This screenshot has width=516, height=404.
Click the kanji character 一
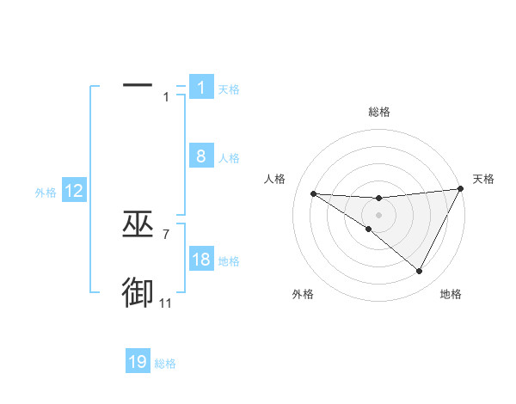point(138,86)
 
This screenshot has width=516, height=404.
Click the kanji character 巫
point(138,225)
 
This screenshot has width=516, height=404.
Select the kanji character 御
point(138,292)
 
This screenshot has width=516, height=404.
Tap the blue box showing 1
point(200,88)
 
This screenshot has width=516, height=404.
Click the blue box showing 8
point(200,156)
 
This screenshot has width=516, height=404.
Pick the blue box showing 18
point(200,260)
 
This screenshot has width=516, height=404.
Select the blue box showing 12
point(74,191)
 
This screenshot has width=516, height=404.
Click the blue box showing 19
point(138,362)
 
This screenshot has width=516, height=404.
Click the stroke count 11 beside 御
point(166,303)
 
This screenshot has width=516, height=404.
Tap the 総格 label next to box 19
point(165,364)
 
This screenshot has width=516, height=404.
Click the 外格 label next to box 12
point(46,193)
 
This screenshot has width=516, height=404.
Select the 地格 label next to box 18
point(229,261)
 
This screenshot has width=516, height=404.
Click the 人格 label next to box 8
point(229,158)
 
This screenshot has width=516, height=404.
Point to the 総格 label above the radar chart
point(379,112)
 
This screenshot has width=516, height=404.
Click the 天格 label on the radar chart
point(483,179)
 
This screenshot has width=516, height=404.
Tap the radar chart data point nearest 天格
point(461,189)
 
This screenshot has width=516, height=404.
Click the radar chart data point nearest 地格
point(420,272)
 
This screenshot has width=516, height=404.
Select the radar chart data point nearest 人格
point(314,193)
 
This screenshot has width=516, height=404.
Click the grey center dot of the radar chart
point(378,214)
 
